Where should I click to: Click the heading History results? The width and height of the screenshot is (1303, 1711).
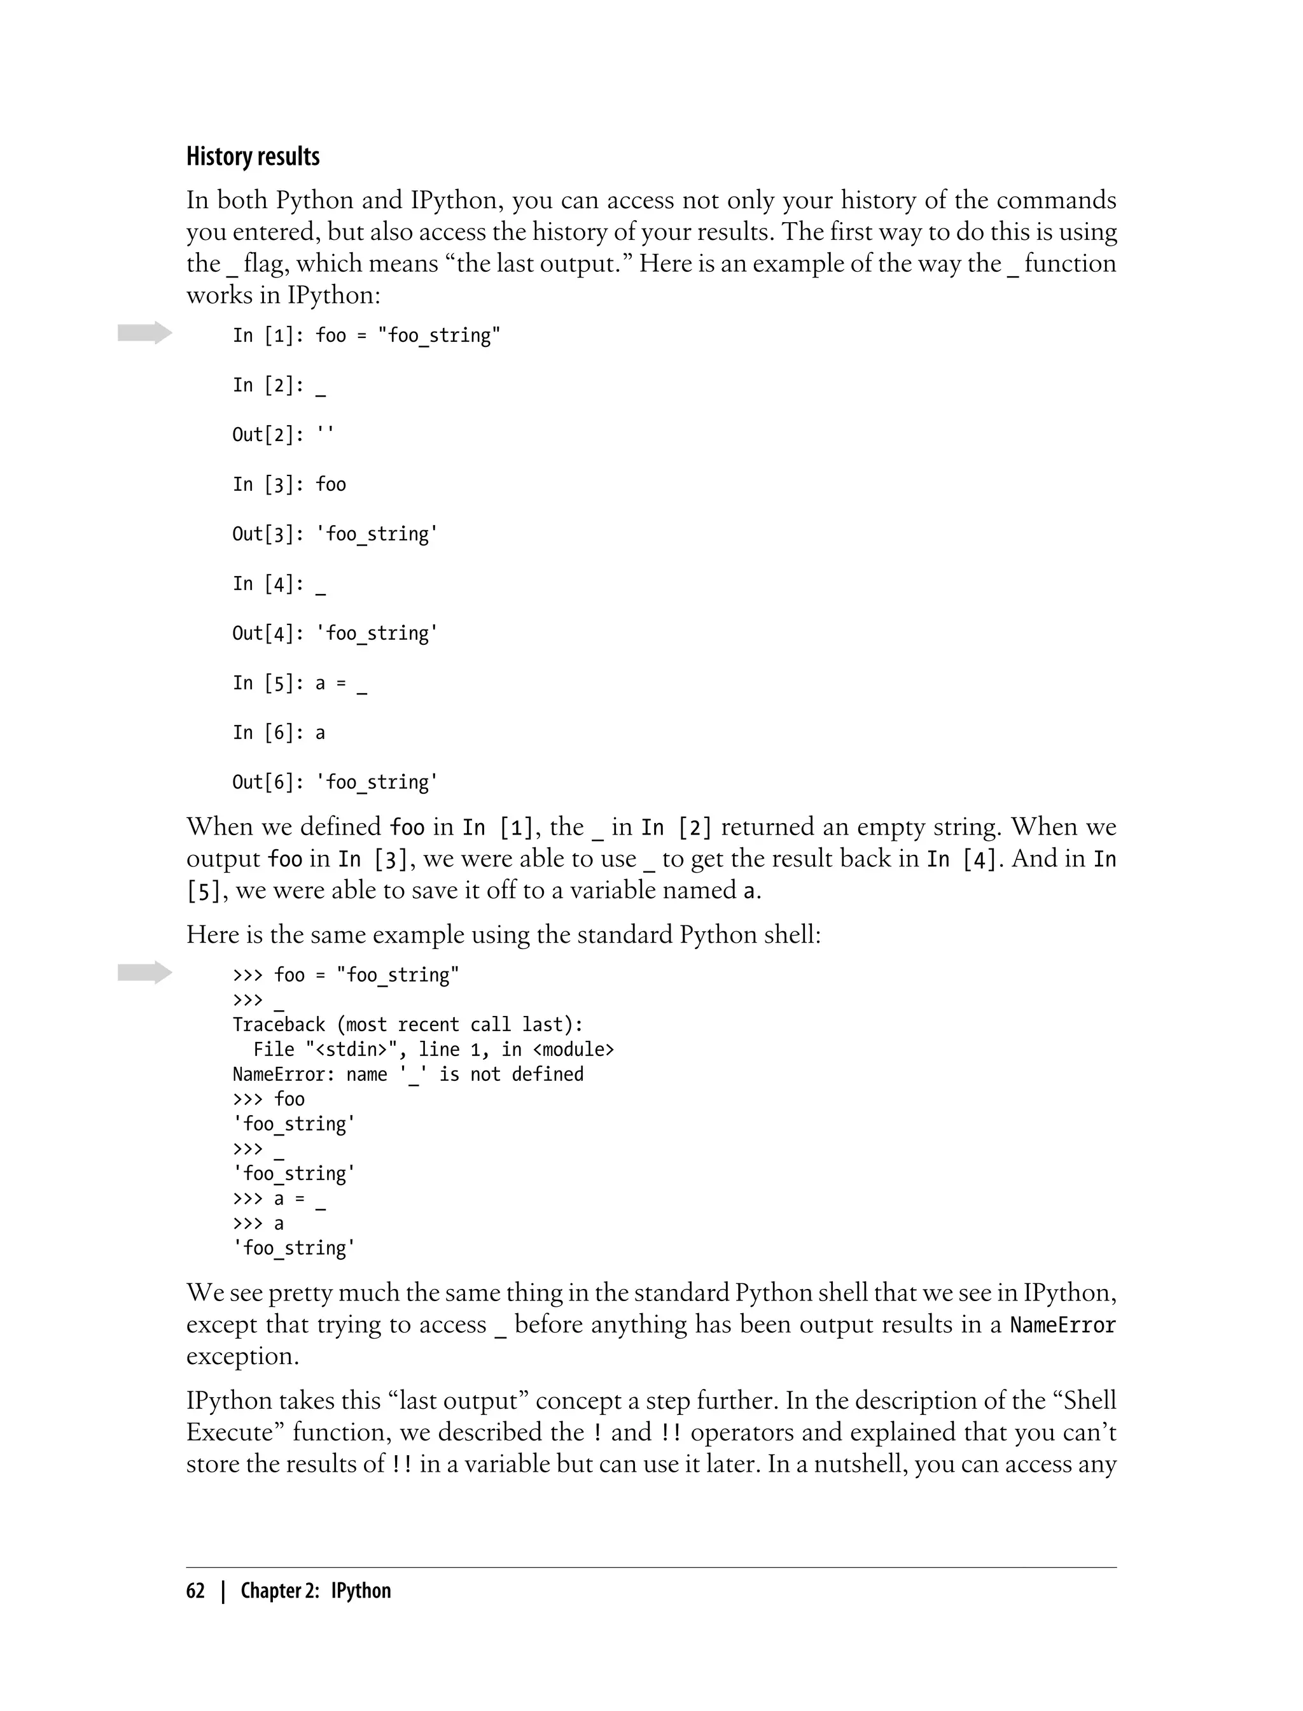(x=253, y=157)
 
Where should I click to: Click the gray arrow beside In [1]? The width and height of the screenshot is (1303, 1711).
(x=145, y=333)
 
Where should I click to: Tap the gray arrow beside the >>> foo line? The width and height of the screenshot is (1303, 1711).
(x=145, y=972)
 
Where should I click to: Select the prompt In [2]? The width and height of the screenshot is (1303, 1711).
(x=268, y=385)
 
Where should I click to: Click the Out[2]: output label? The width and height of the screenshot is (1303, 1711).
(x=268, y=435)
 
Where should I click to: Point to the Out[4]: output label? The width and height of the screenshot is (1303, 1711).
(x=268, y=633)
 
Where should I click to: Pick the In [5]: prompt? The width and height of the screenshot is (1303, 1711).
(x=268, y=683)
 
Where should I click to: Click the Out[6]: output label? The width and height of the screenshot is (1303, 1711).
(x=268, y=782)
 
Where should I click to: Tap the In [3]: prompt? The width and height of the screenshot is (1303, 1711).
(x=268, y=484)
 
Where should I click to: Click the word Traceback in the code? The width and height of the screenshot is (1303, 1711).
(x=279, y=1024)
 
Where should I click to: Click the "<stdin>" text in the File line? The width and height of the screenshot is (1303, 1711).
(x=356, y=1049)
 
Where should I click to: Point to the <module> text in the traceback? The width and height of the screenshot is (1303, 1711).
(x=573, y=1049)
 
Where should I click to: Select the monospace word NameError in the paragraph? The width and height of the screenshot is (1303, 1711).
(x=1063, y=1325)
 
